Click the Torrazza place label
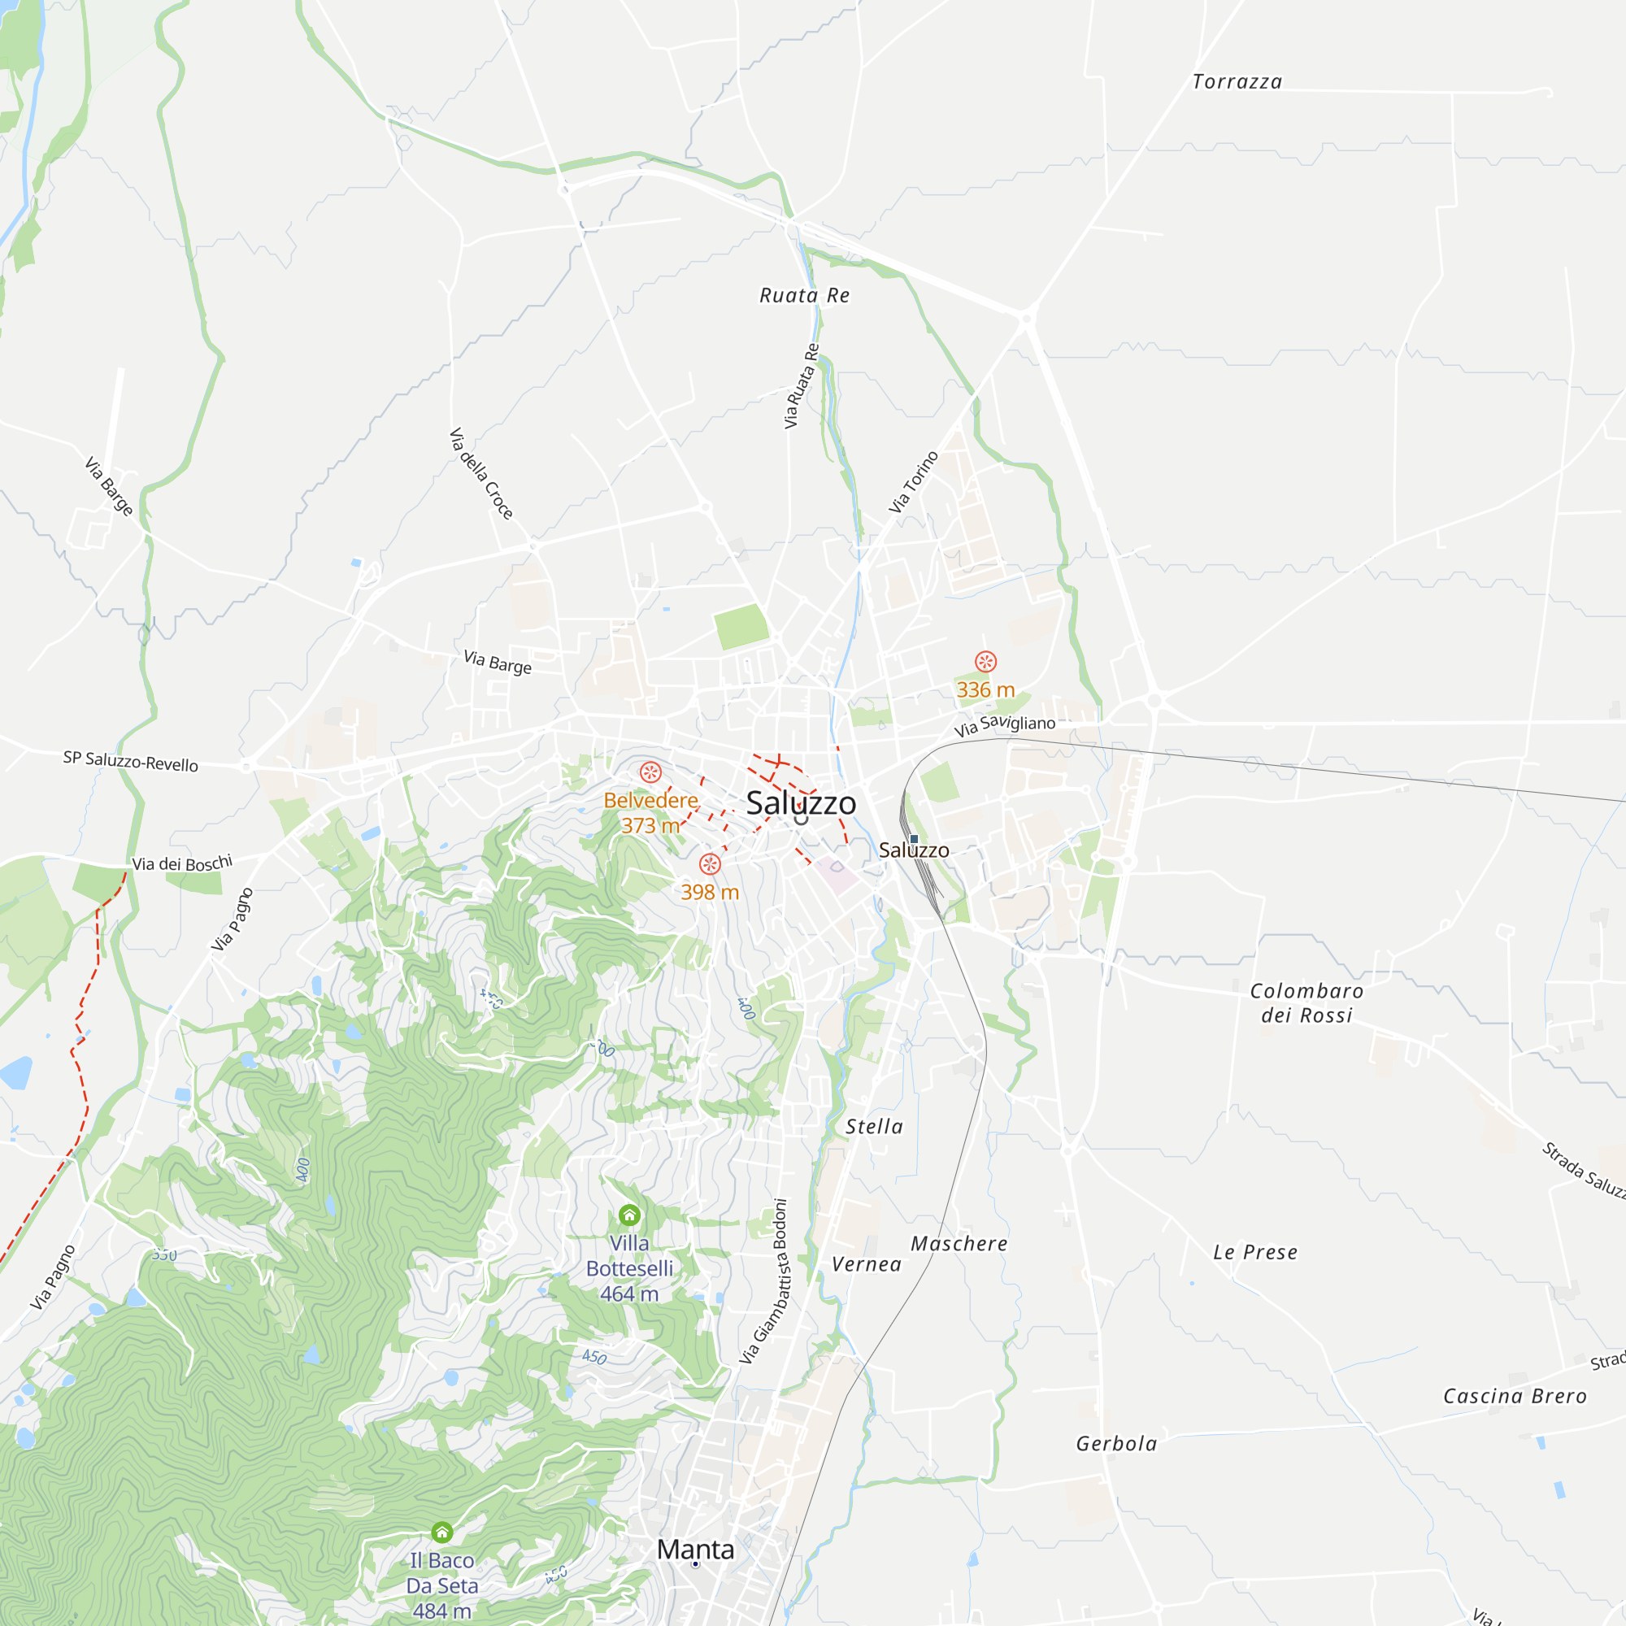pos(1237,81)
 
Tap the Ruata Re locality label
pos(805,295)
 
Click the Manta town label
pos(695,1549)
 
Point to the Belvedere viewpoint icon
pos(650,772)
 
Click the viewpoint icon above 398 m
pos(711,863)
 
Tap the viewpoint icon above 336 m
pos(985,662)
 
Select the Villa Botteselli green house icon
pos(629,1215)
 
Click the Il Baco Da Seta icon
pos(441,1532)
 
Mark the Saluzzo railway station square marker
pos(914,838)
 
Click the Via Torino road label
pos(913,481)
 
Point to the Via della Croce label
pos(480,474)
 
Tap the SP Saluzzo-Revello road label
pos(130,761)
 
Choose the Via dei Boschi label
pos(182,863)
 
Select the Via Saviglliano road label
pos(1004,725)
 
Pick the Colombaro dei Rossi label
pos(1306,1003)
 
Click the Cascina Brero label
pos(1514,1396)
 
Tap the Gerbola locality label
pos(1116,1444)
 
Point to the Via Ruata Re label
pos(802,386)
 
